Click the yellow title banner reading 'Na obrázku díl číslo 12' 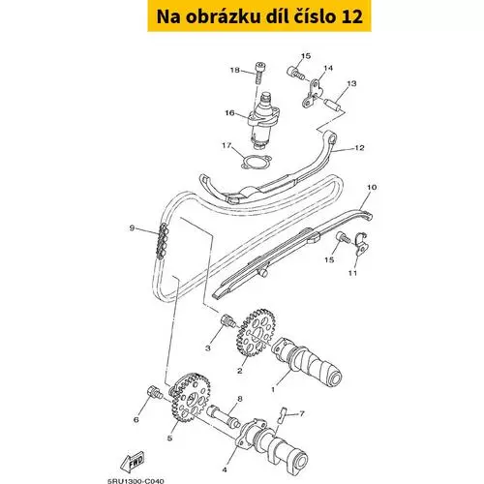[259, 16]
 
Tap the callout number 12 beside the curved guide [359, 148]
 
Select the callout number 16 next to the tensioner [229, 113]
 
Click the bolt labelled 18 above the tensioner [259, 73]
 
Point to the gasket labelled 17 [257, 162]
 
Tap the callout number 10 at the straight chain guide [372, 187]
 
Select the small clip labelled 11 [361, 244]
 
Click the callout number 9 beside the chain [132, 228]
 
